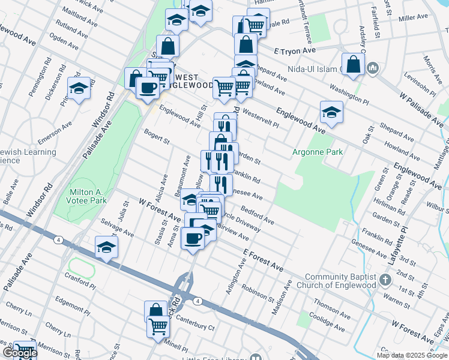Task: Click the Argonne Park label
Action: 317,152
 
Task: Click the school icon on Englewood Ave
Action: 331,112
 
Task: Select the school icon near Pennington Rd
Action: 79,89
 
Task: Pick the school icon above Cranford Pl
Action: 106,247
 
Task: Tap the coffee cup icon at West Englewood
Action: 148,88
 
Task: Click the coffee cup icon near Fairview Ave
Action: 192,238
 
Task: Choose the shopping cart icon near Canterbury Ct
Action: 158,326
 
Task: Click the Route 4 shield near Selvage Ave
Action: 58,240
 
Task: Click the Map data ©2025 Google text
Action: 411,355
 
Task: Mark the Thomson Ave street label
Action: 331,307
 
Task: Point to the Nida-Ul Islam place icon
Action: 372,68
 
